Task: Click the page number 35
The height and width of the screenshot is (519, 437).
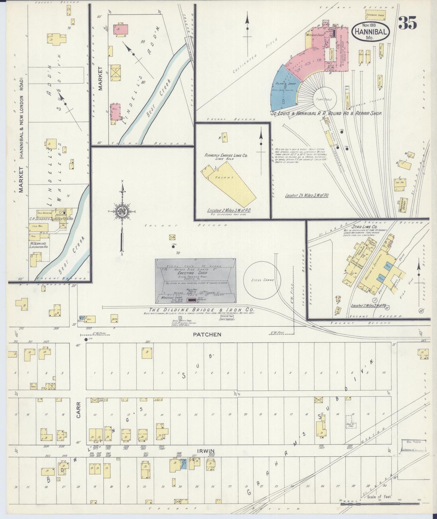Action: [408, 23]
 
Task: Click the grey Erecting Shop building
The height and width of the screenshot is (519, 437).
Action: [195, 281]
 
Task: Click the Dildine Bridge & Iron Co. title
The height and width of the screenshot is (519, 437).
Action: [201, 310]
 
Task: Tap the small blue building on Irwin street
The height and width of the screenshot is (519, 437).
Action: [183, 464]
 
